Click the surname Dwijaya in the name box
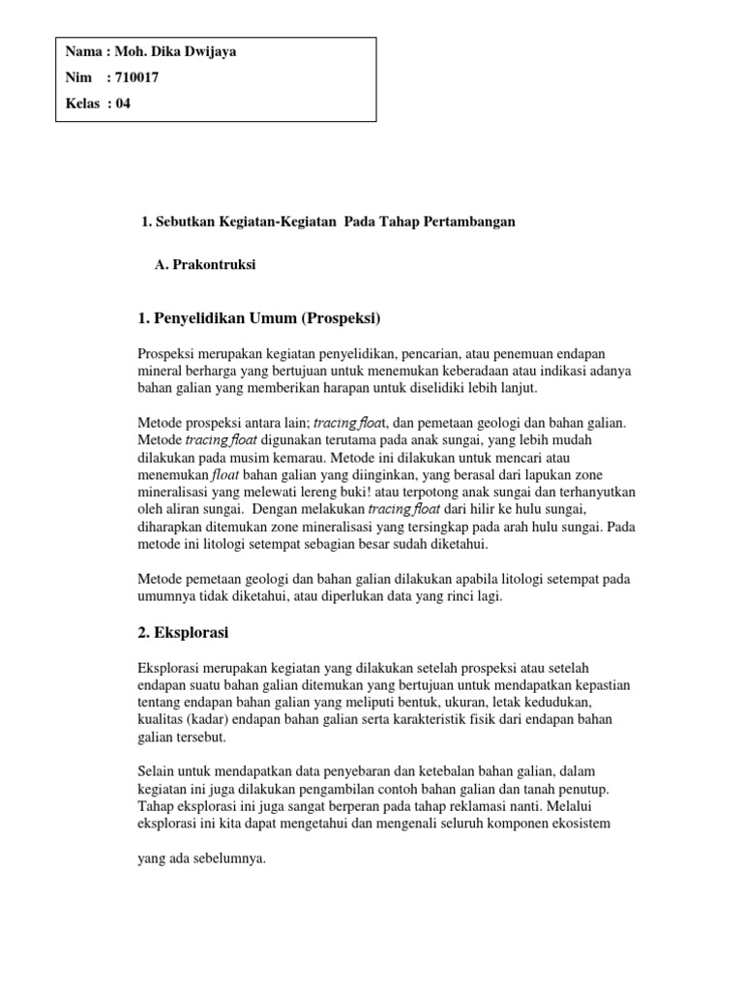point(201,52)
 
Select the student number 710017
point(136,78)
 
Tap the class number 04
point(123,105)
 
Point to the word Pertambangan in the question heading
point(469,222)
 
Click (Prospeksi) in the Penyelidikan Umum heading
point(339,317)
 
